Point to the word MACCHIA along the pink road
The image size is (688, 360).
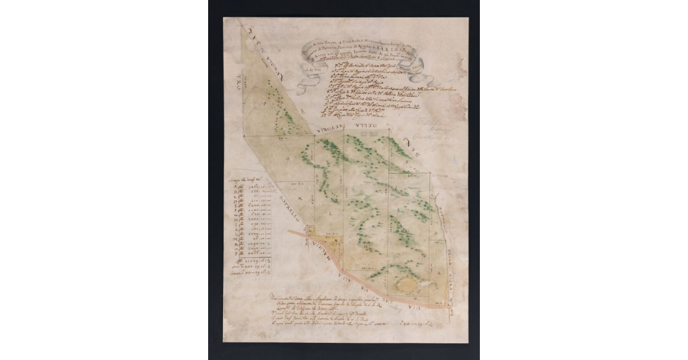322,252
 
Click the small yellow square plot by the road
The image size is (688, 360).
310,230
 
